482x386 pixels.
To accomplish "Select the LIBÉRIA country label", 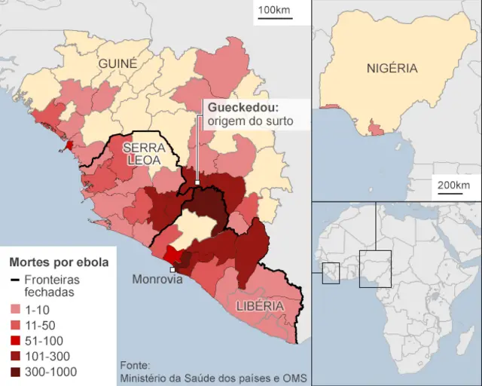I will click(x=259, y=306).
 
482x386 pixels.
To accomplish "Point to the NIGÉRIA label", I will click(x=392, y=68).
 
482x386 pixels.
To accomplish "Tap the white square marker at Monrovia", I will click(x=172, y=269).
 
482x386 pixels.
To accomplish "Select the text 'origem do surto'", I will click(x=250, y=121).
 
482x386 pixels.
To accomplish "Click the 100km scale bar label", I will click(x=273, y=10).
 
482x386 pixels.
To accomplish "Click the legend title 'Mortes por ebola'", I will click(x=59, y=263).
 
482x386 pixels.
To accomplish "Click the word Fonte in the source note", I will click(x=134, y=363).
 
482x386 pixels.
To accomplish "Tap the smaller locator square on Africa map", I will click(x=331, y=273).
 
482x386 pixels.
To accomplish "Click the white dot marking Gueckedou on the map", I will click(x=197, y=182).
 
